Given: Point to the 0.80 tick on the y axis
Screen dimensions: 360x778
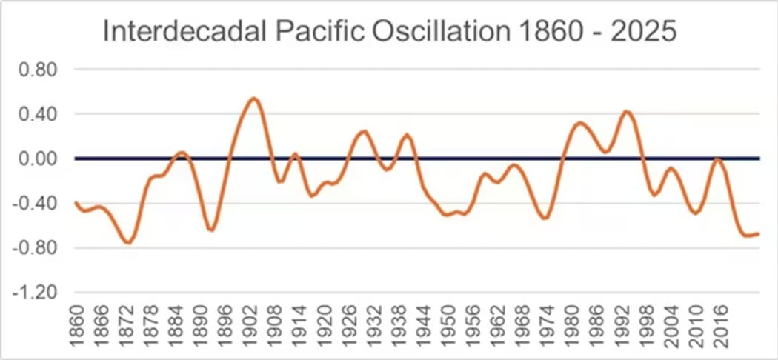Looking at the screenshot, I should tap(43, 70).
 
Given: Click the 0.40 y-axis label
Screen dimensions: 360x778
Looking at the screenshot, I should tap(43, 114).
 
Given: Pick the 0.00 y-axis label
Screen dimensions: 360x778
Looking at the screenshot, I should tap(43, 159).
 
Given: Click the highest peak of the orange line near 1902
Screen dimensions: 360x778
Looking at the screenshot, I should tap(253, 98).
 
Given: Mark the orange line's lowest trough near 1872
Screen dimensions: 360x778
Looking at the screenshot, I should tap(129, 242).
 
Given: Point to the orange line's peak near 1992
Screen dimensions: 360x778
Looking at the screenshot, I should tap(627, 112).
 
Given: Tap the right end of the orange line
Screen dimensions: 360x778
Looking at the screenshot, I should tap(758, 234).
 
